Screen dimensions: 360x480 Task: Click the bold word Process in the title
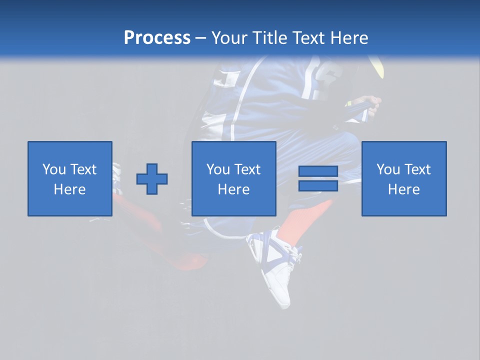(x=157, y=38)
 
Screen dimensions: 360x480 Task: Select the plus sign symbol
(x=152, y=179)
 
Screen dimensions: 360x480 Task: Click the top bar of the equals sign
(x=318, y=171)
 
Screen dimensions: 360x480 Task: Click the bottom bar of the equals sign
(x=318, y=186)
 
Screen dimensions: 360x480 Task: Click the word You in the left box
(x=54, y=169)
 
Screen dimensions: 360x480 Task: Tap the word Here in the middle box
(x=234, y=189)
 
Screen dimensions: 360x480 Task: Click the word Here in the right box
(x=404, y=189)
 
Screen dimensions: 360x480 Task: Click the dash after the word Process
(x=201, y=38)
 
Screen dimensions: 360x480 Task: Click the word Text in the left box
(x=83, y=169)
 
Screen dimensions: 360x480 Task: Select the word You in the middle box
(x=218, y=169)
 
